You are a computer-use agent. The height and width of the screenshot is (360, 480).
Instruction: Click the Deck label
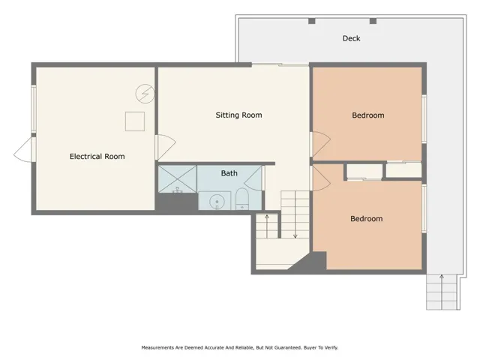click(351, 38)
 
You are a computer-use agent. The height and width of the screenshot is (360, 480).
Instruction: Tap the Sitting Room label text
click(238, 115)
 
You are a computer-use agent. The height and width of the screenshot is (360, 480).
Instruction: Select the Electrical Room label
click(97, 157)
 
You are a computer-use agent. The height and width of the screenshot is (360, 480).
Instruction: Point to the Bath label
click(229, 173)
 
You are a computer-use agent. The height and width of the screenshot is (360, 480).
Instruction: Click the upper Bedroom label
click(367, 115)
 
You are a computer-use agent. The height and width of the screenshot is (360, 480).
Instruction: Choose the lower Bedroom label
click(366, 219)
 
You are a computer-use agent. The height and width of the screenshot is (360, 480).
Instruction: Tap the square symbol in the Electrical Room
click(134, 121)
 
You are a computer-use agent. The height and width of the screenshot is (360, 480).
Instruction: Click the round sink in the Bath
click(218, 201)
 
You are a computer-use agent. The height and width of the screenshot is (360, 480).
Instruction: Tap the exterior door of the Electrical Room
click(24, 149)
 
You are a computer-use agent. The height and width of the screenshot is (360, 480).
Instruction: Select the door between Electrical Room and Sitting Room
click(164, 147)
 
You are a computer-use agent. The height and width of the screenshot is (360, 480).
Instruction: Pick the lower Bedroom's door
click(320, 177)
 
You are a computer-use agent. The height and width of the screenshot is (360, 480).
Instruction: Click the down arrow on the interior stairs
click(295, 225)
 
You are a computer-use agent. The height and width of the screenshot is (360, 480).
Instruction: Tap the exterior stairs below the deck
click(442, 292)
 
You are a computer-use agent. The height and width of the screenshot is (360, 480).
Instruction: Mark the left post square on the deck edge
click(310, 21)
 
